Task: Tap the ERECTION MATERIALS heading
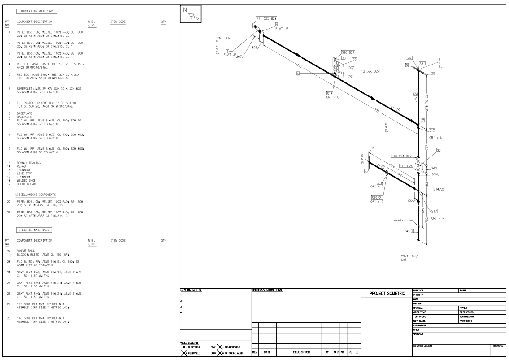[34, 230]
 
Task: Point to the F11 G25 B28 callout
[266, 19]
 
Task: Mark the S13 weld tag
[330, 93]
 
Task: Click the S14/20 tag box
[439, 190]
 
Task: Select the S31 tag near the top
[422, 64]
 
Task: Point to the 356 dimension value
[255, 47]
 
